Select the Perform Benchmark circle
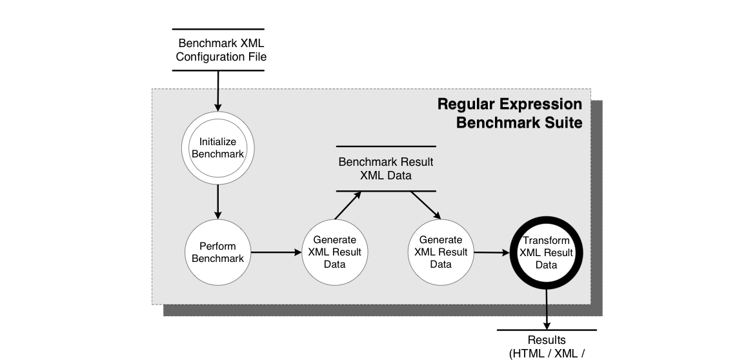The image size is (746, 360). click(217, 252)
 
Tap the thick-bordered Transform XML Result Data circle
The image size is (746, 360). click(547, 252)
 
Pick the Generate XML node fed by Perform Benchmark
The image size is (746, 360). click(335, 252)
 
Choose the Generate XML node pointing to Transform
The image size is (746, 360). click(441, 252)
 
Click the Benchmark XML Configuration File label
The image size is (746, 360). click(221, 50)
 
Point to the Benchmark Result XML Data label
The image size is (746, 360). click(386, 168)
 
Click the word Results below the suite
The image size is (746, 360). click(547, 340)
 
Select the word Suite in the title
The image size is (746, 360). click(563, 123)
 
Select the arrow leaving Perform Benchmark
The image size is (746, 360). click(276, 252)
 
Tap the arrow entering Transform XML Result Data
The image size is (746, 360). click(492, 252)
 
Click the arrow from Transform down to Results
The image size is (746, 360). click(547, 308)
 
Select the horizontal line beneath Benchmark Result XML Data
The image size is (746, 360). click(386, 191)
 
